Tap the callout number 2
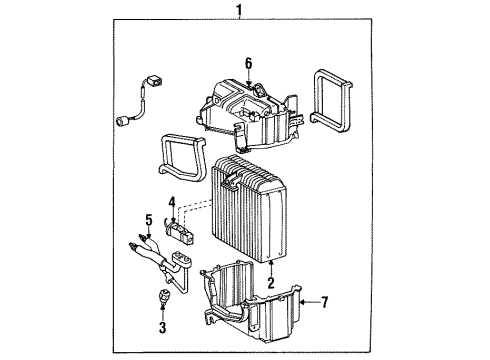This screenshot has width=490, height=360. [270, 283]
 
